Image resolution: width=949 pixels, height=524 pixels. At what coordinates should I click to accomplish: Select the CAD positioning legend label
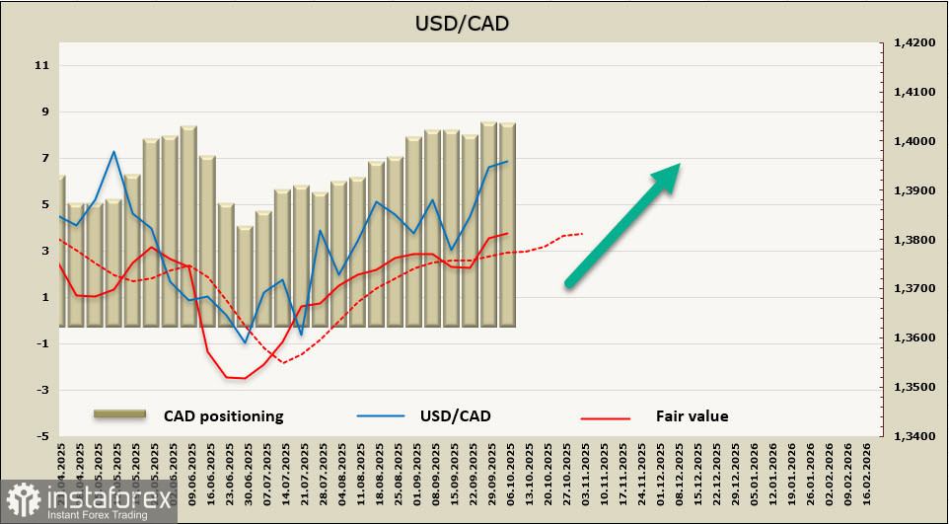(224, 415)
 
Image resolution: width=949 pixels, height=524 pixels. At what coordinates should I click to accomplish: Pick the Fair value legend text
(692, 415)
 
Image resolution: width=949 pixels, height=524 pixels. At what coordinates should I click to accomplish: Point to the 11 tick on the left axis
(42, 66)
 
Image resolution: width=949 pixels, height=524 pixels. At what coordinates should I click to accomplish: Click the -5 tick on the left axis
(42, 436)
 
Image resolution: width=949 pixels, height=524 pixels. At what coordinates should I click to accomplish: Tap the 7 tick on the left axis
(44, 159)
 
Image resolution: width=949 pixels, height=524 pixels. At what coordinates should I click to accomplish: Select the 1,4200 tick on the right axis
(913, 43)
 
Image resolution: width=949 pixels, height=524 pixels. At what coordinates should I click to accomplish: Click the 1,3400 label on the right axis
(913, 436)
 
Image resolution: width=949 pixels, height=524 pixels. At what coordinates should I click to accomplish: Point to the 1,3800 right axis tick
(913, 240)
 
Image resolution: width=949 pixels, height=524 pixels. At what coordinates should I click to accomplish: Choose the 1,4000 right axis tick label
(913, 141)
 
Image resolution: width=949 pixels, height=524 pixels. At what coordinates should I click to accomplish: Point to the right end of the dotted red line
(583, 234)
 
